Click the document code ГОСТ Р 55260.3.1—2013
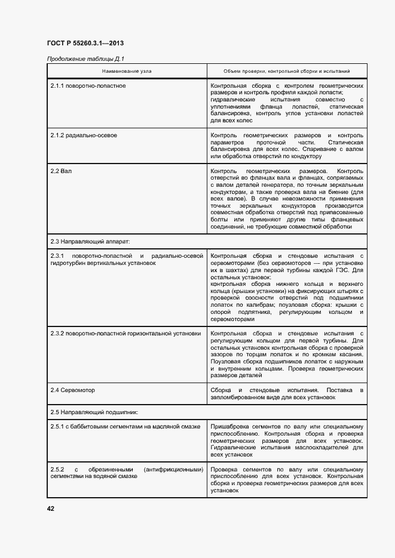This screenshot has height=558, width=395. click(85, 43)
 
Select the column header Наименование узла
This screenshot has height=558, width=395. click(127, 70)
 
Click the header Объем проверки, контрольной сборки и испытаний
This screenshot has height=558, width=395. click(286, 70)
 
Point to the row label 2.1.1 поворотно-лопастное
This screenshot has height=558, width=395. click(88, 85)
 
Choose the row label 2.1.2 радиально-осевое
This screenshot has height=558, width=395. click(84, 135)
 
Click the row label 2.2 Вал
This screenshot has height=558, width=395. click(62, 171)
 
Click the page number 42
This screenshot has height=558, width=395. click(51, 508)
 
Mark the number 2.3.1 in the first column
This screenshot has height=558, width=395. click(59, 255)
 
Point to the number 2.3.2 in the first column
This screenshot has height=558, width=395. click(59, 333)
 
